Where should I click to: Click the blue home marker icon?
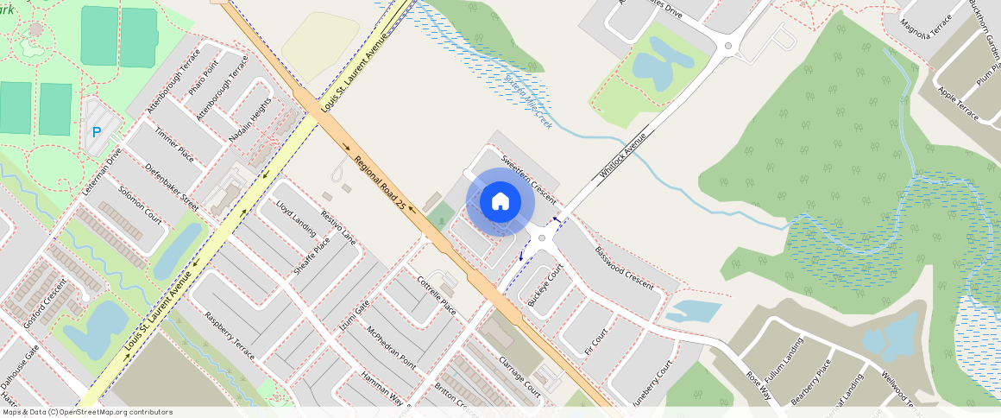coord(500,202)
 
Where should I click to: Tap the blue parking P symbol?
coord(97,132)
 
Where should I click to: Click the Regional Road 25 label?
coord(379,179)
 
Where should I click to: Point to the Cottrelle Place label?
coord(437,294)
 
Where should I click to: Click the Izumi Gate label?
coord(354,314)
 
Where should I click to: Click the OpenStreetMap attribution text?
coord(86,412)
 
